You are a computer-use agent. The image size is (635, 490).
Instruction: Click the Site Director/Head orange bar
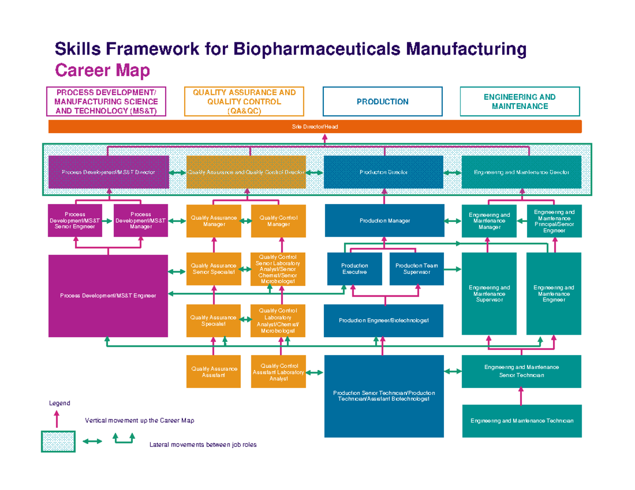315,127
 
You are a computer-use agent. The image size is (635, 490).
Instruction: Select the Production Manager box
384,220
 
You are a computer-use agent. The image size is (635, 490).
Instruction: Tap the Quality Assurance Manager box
213,221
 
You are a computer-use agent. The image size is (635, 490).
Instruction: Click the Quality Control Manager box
278,221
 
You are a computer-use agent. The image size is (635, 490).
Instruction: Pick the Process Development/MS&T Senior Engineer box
75,221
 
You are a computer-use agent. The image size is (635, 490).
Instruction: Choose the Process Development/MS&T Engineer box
108,296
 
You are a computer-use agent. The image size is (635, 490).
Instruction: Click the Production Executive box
354,269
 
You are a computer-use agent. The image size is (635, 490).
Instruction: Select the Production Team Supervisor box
416,269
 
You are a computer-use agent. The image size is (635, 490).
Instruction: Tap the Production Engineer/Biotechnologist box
384,321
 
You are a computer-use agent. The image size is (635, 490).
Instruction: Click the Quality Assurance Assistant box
213,372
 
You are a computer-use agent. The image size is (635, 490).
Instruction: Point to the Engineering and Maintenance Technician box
522,421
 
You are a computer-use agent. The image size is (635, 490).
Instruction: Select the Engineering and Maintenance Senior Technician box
522,372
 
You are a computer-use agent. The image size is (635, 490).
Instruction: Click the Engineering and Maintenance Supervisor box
489,294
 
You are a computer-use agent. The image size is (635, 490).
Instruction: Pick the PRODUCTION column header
383,101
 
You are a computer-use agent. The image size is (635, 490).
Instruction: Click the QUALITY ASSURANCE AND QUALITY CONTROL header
244,101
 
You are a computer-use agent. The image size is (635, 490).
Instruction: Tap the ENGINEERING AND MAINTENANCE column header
520,101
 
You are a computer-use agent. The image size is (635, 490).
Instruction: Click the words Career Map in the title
103,70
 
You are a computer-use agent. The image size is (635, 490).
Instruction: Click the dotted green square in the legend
58,441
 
